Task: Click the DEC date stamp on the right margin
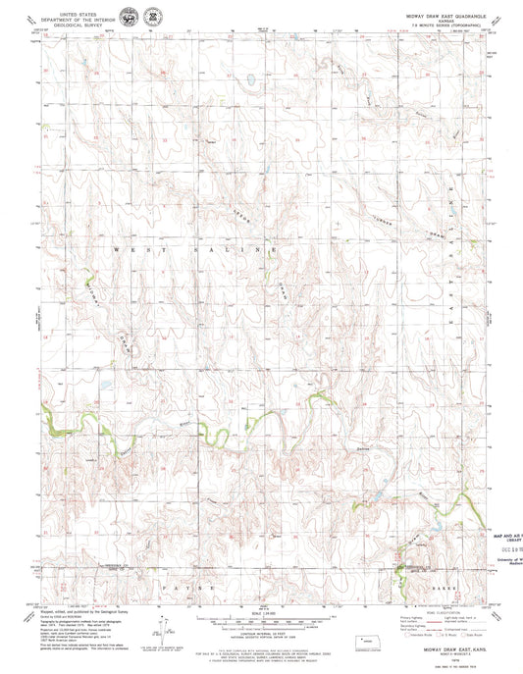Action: tap(504, 551)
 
